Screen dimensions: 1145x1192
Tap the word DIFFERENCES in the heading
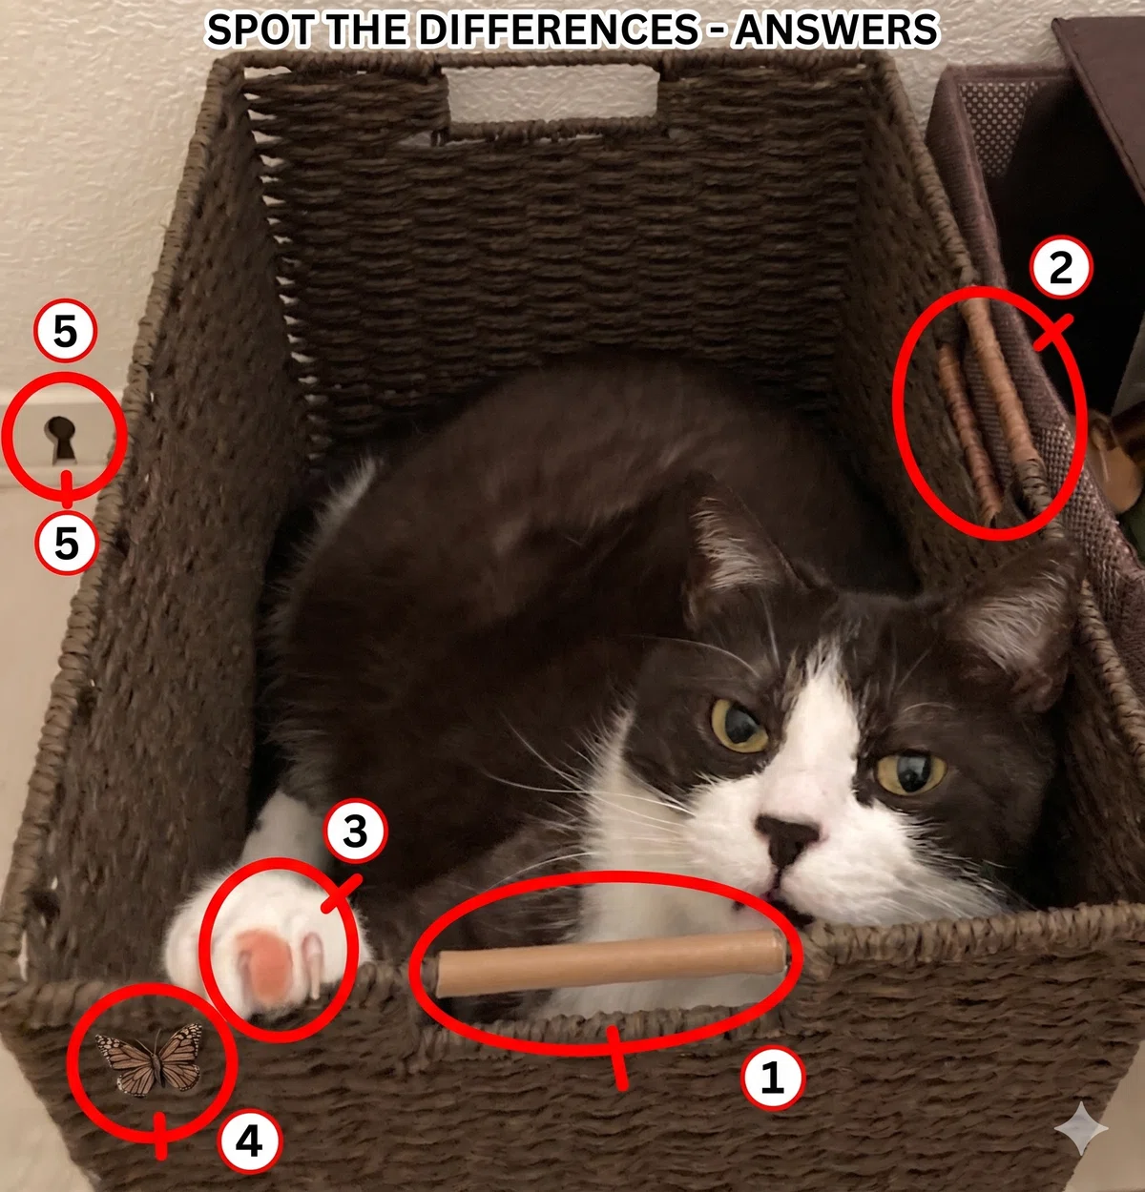(x=557, y=30)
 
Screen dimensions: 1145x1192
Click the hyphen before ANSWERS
(x=716, y=31)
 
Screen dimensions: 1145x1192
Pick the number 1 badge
(x=772, y=1077)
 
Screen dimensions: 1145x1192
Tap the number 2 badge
(x=1060, y=268)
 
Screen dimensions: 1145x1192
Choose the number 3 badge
(x=356, y=832)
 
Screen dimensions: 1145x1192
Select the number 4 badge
(x=249, y=1142)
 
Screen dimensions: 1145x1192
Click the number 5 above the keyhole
(x=65, y=332)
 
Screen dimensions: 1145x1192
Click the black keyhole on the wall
(x=60, y=438)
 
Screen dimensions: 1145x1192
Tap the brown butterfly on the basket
(x=150, y=1059)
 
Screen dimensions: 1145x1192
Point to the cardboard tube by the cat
(x=611, y=962)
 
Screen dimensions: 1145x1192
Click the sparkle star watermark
(x=1081, y=1128)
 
